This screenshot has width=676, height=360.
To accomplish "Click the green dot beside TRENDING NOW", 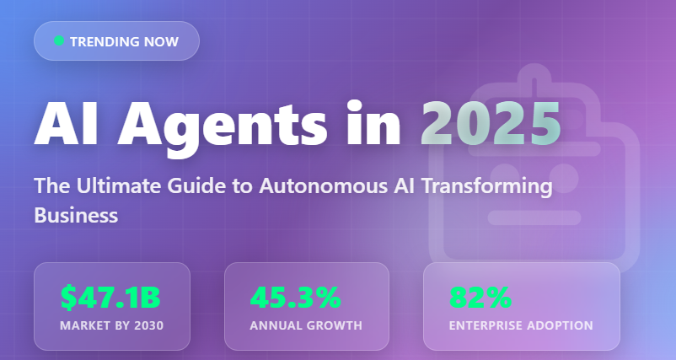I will click(x=58, y=40).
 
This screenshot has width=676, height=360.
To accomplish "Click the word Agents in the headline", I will click(x=222, y=126).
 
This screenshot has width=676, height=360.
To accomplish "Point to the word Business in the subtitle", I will click(x=76, y=215).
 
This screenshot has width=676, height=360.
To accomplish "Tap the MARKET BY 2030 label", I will click(x=111, y=325).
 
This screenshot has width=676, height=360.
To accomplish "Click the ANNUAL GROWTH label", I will click(x=306, y=325).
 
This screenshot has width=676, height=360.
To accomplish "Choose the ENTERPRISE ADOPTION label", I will click(x=521, y=325).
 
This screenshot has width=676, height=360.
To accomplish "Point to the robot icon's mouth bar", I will click(x=534, y=218).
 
